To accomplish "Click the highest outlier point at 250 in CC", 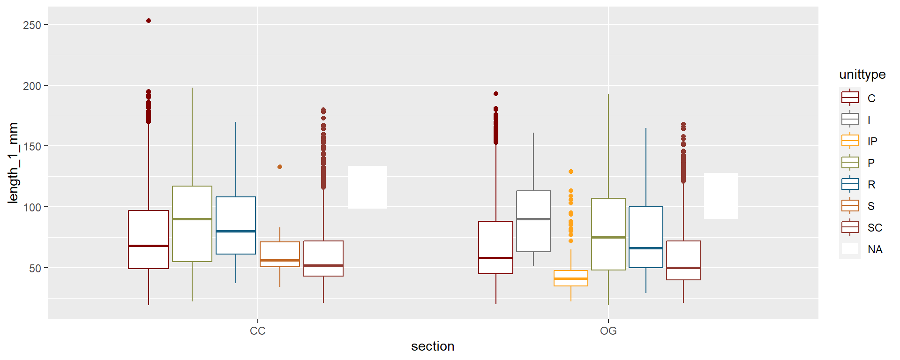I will [x=149, y=21].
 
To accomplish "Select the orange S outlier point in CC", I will [x=280, y=167].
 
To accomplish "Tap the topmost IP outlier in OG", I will [x=571, y=172].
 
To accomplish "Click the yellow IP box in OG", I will [x=571, y=278].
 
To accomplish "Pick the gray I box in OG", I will [x=533, y=221].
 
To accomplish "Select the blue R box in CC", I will [x=236, y=225].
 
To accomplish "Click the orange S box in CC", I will [x=280, y=254].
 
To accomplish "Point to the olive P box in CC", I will [x=192, y=224].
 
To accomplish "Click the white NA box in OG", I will [x=721, y=196].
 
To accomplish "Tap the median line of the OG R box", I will [x=646, y=248].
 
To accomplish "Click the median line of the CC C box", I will [x=149, y=246].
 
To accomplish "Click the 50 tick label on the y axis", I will [x=35, y=268].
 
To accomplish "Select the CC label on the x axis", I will [x=258, y=331].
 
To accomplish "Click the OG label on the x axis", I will [x=608, y=331].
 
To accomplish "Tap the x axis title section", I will [x=433, y=346].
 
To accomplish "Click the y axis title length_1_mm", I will [x=13, y=163].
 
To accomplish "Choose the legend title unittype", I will [x=862, y=75].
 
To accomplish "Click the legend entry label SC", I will [x=875, y=228].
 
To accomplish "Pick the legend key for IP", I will [x=850, y=141].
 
